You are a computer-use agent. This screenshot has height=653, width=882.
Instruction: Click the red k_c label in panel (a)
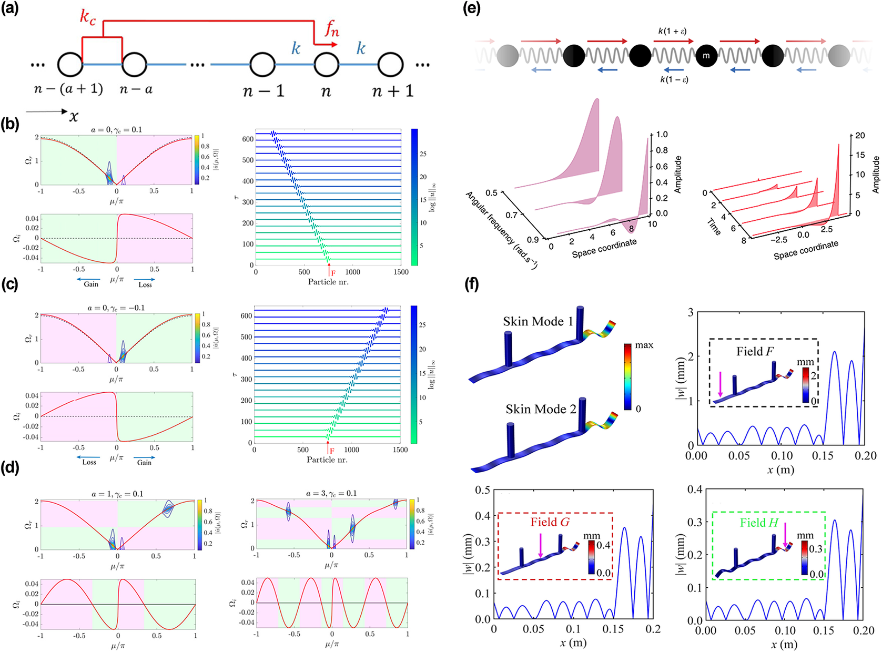coord(88,17)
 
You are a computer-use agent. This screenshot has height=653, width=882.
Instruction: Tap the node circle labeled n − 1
coord(262,65)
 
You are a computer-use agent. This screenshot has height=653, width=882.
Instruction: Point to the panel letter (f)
coord(472,284)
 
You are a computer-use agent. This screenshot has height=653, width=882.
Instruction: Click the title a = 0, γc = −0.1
coord(116,308)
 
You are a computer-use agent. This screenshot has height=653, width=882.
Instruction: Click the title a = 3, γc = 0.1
coord(331,493)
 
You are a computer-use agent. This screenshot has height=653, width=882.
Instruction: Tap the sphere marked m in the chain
coord(706,56)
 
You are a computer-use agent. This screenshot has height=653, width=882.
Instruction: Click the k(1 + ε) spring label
coord(672,31)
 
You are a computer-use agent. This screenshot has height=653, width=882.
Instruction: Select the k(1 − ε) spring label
coord(674,79)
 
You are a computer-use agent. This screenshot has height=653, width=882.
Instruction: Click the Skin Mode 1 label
coord(538,321)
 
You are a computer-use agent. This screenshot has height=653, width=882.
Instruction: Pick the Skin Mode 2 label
coord(541,409)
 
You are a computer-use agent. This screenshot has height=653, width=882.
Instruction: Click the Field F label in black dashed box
coord(755,351)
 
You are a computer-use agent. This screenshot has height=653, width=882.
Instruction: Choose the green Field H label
coord(759,523)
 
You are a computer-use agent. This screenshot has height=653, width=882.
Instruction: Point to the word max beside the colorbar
coord(644,345)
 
